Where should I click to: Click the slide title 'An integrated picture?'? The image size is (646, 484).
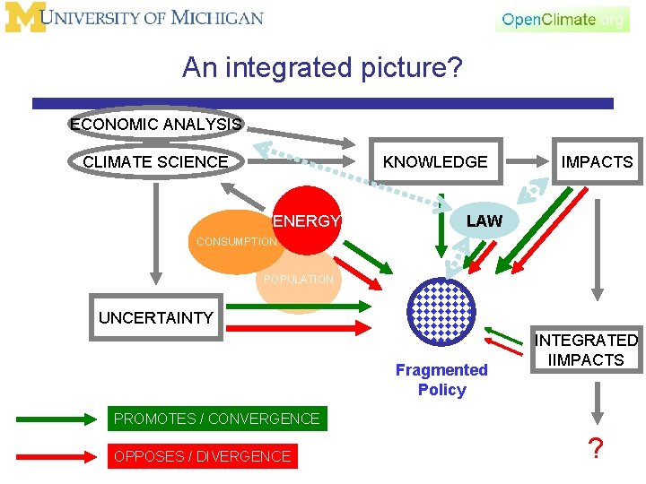pyautogui.click(x=322, y=67)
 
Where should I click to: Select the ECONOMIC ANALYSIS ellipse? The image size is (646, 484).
pyautogui.click(x=155, y=125)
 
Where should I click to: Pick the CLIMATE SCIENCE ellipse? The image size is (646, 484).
pyautogui.click(x=155, y=162)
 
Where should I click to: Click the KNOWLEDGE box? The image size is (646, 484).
pyautogui.click(x=436, y=162)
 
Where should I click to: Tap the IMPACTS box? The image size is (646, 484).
pyautogui.click(x=597, y=162)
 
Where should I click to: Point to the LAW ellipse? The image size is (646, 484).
pyautogui.click(x=484, y=220)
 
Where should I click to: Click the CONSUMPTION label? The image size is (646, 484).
pyautogui.click(x=237, y=242)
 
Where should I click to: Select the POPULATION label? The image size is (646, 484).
pyautogui.click(x=298, y=280)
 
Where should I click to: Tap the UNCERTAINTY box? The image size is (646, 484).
pyautogui.click(x=156, y=317)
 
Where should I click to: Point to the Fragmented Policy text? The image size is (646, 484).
pyautogui.click(x=441, y=380)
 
